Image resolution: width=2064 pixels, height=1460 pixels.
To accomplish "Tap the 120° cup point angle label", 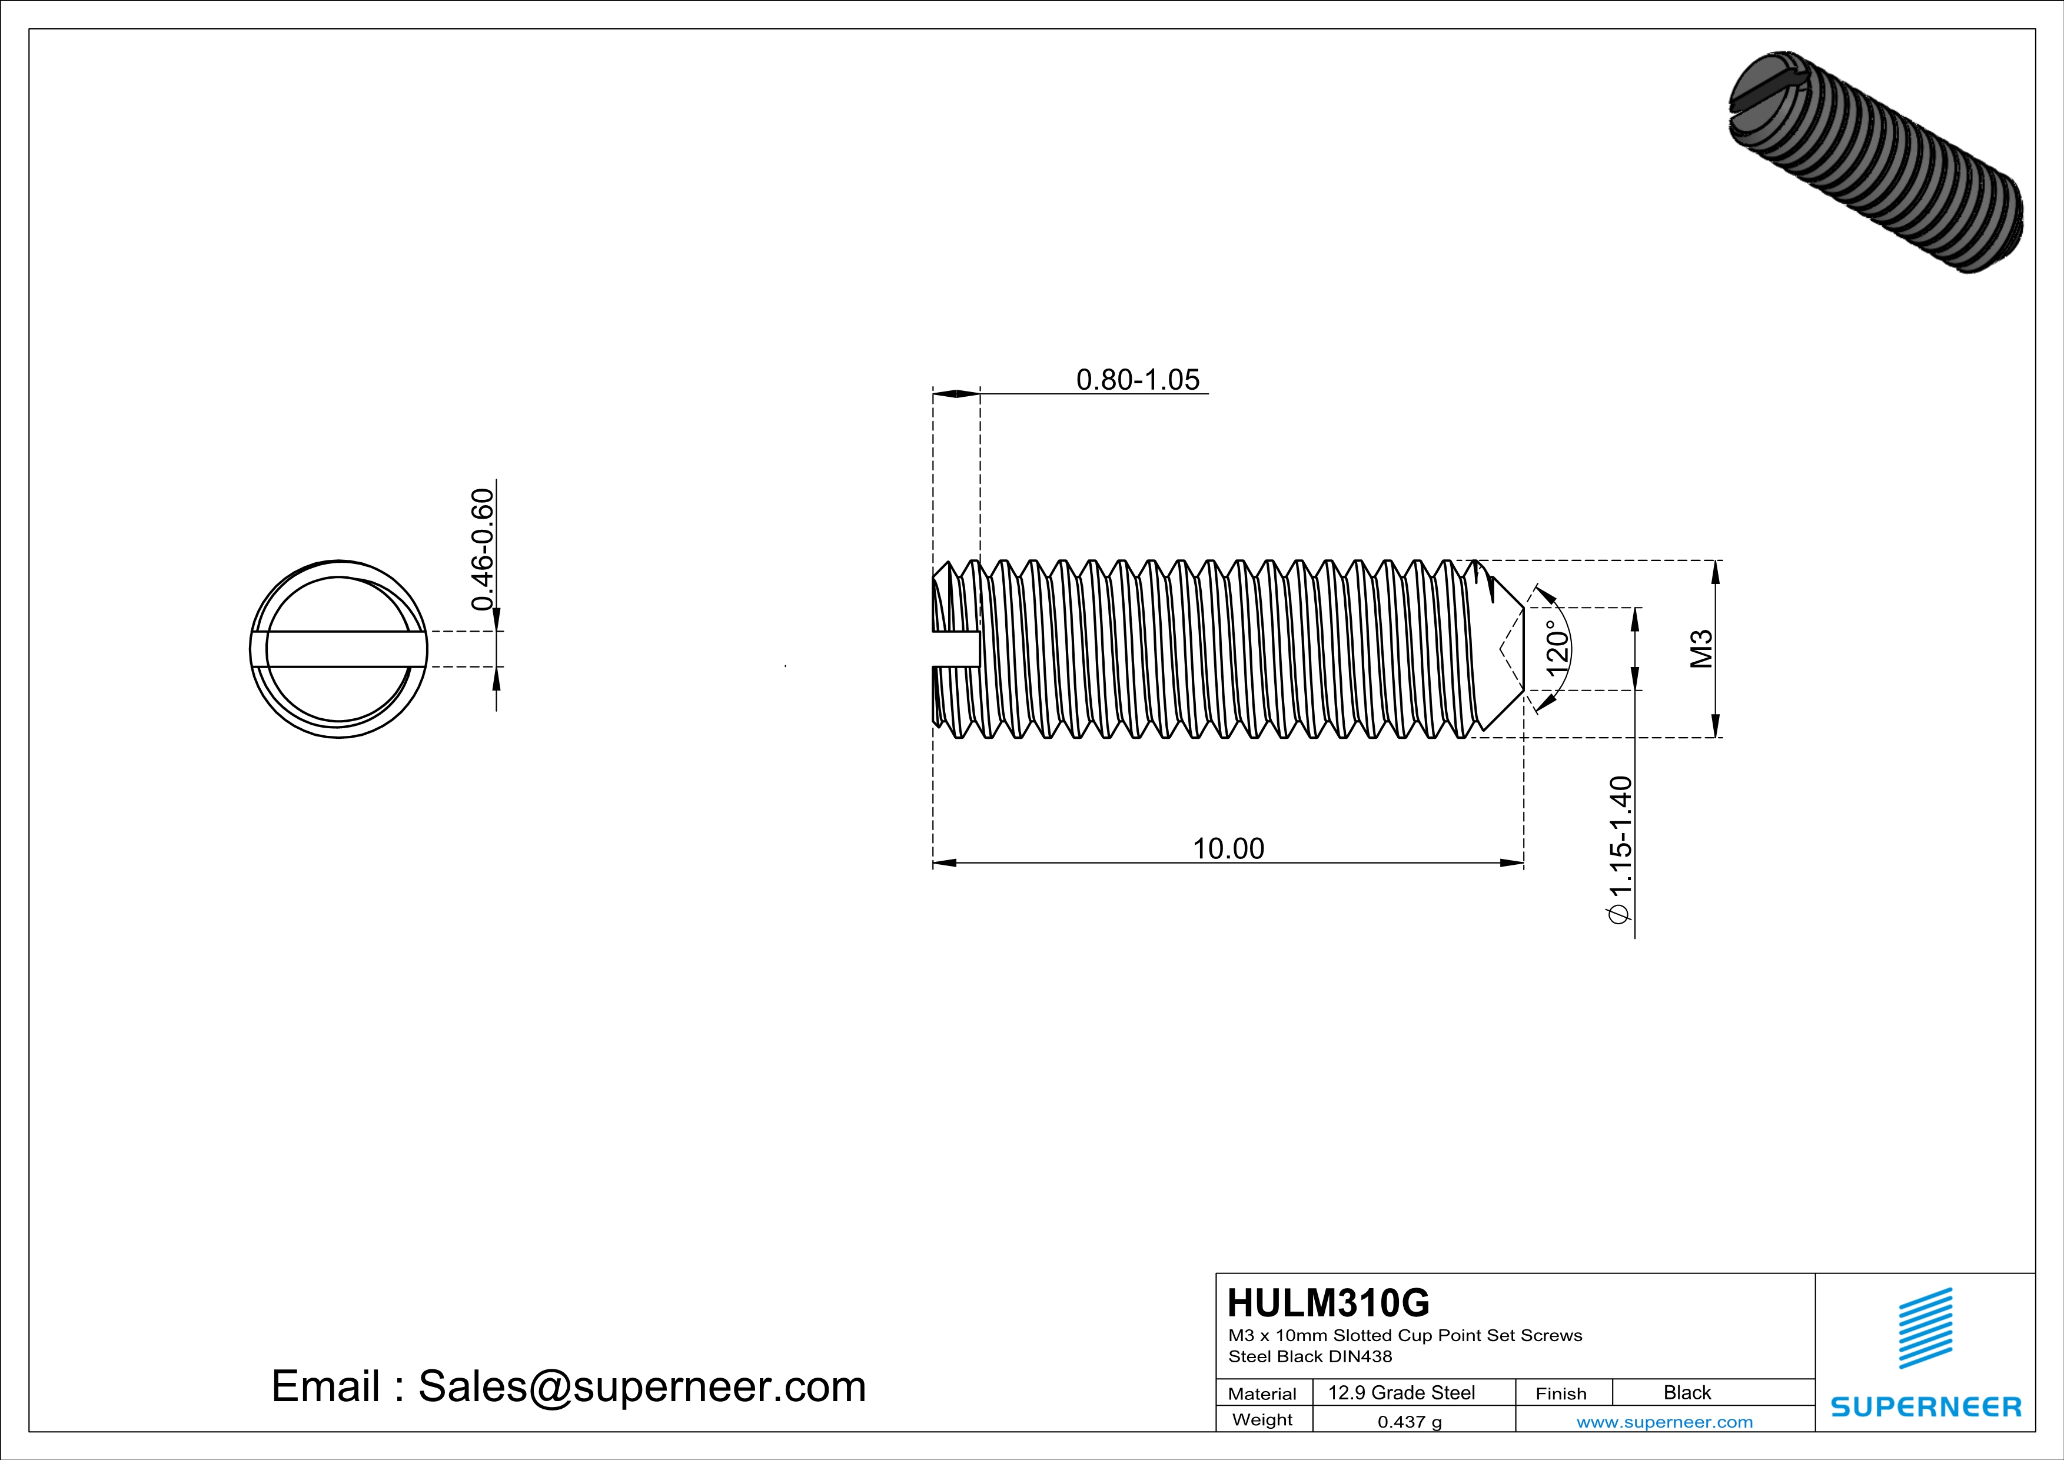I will click(1558, 648).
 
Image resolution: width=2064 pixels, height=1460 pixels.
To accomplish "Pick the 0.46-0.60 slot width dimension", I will click(483, 549).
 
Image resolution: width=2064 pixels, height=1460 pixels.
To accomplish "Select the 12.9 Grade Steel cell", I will click(1401, 1392).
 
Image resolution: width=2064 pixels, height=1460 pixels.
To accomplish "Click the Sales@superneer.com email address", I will click(642, 1386).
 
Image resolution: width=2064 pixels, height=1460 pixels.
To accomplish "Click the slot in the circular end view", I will click(339, 649).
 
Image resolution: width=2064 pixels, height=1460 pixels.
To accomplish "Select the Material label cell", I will click(1262, 1393).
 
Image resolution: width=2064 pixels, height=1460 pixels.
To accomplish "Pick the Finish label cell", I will click(1561, 1393).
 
